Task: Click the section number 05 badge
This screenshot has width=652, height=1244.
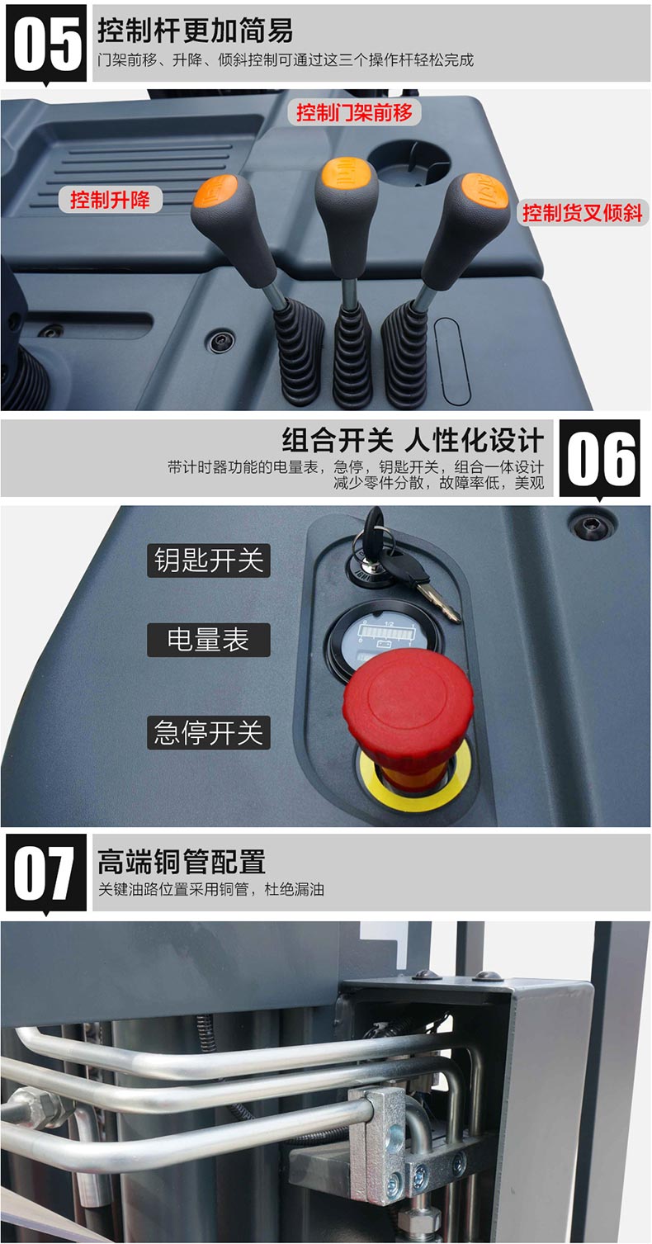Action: (46, 43)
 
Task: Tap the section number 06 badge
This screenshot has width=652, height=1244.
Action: (599, 458)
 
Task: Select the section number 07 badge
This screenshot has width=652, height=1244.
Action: (46, 873)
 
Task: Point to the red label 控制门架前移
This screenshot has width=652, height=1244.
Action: (354, 113)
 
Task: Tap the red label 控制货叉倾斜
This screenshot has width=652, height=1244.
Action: (583, 213)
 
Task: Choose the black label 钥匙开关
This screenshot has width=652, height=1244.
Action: (209, 561)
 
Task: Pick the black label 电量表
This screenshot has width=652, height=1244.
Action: (209, 640)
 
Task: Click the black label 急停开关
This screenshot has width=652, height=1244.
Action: (209, 732)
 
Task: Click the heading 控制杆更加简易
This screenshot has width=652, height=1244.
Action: (196, 30)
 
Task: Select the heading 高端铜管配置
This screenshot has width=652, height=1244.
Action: (181, 861)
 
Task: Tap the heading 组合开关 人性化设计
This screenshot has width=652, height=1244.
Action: (413, 440)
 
